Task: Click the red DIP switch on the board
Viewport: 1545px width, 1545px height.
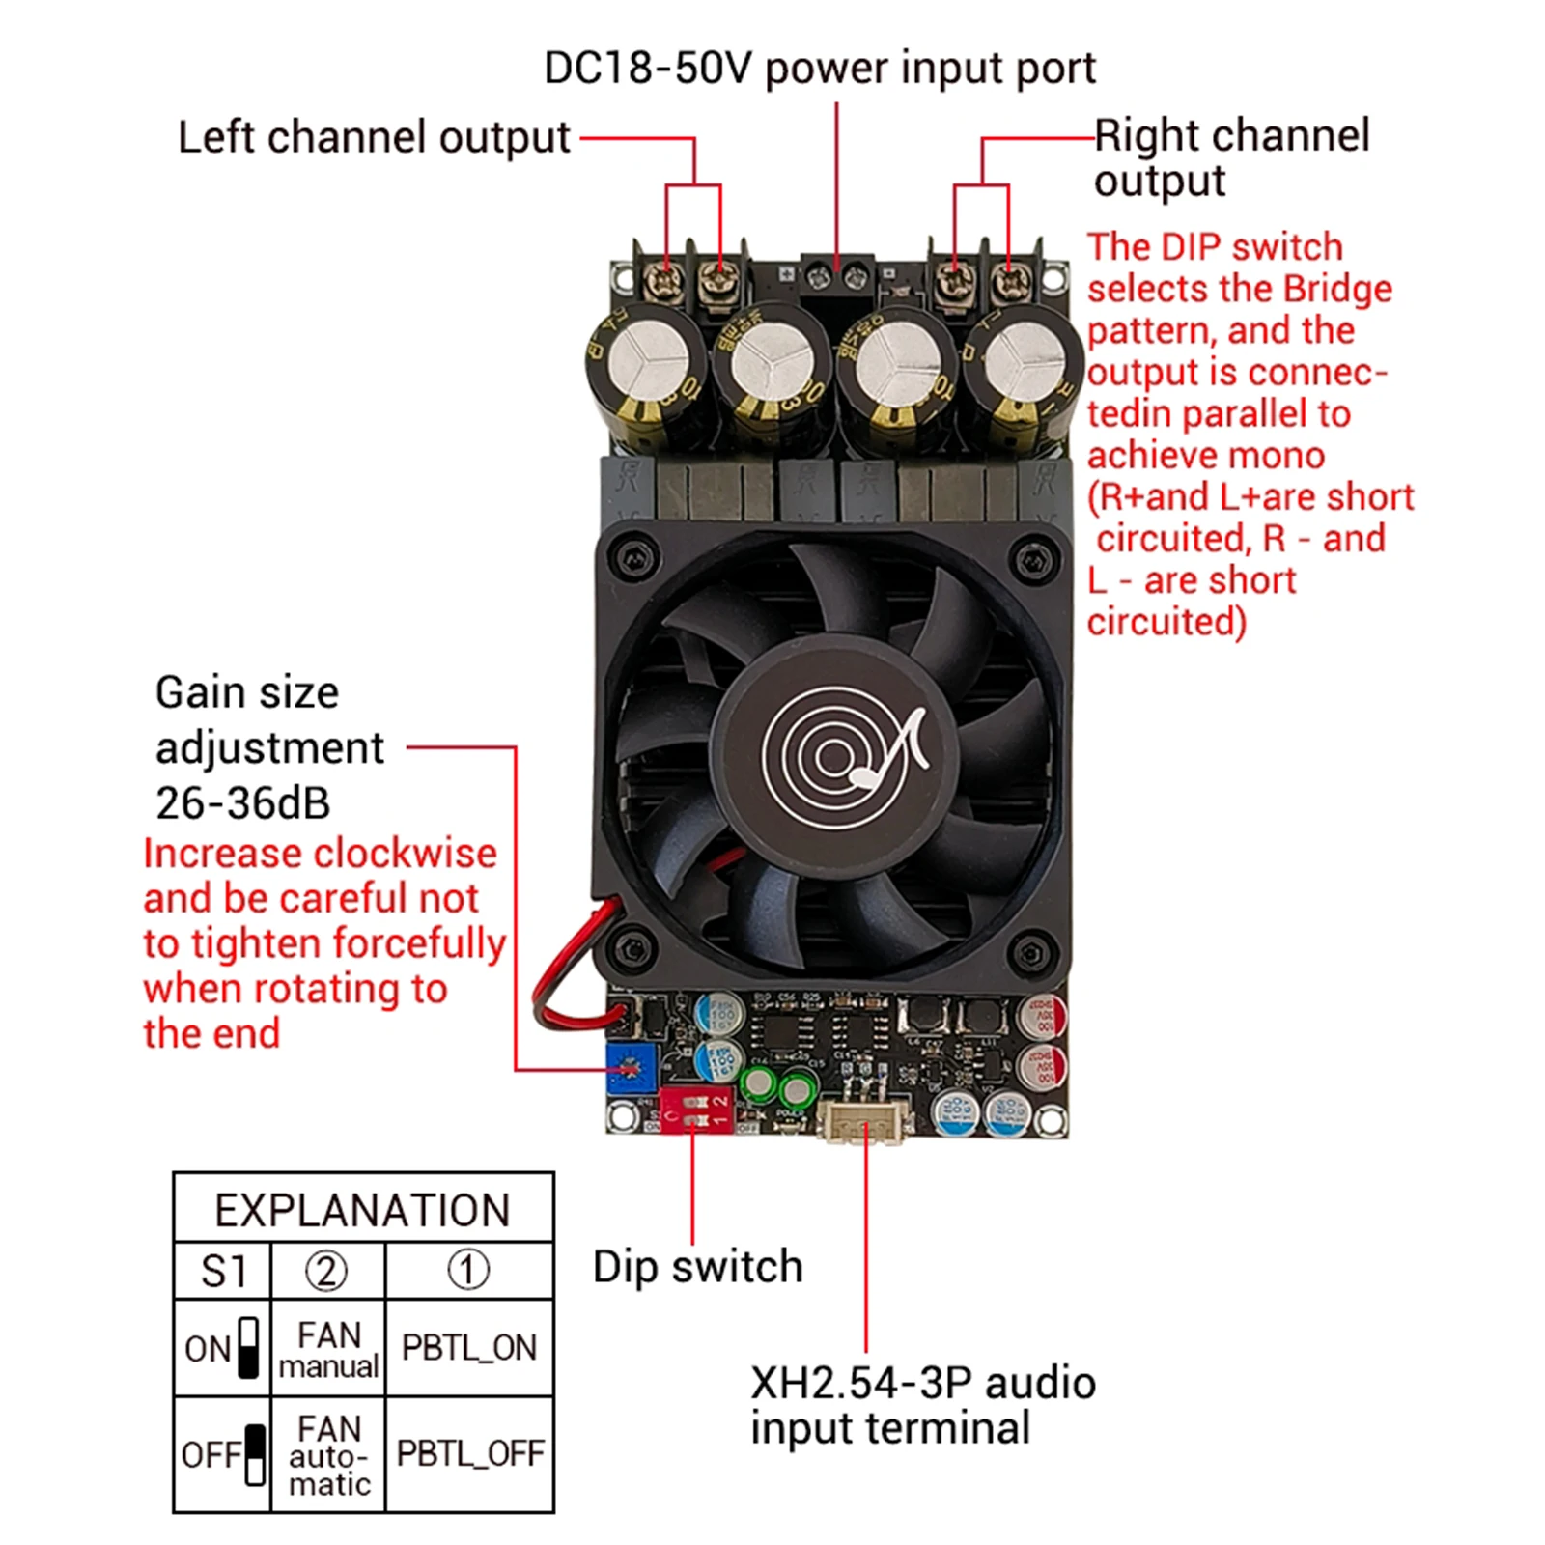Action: point(696,1110)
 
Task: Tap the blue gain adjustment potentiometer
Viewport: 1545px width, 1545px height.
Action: point(630,1068)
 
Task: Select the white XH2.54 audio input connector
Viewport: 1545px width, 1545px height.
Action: point(864,1120)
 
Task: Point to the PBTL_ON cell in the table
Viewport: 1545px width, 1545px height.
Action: point(469,1348)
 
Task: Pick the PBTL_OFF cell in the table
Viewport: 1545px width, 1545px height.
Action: point(469,1453)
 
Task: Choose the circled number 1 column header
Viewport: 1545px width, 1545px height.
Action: point(468,1271)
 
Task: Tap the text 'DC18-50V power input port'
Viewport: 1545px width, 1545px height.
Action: point(819,69)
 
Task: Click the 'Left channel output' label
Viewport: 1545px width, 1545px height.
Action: point(374,137)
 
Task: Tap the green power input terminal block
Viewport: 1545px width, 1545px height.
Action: point(836,278)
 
